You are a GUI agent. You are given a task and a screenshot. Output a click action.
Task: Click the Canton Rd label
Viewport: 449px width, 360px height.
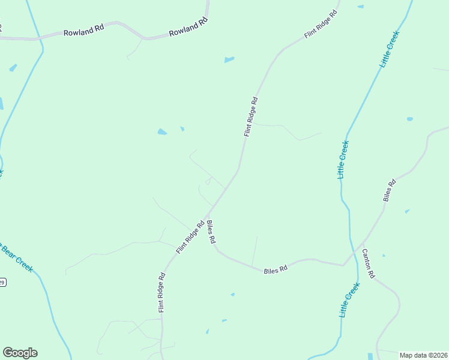tap(368, 265)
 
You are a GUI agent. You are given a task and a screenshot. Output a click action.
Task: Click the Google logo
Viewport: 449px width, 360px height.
tap(20, 353)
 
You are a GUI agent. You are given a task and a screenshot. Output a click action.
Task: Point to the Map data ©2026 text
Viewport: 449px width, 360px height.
tap(423, 355)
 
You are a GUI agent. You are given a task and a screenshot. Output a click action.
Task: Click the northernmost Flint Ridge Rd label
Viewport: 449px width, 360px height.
tap(322, 25)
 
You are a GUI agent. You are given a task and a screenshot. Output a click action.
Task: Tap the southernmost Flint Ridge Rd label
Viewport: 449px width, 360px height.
tap(162, 293)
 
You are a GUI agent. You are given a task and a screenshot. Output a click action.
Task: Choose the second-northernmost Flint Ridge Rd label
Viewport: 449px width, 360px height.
tap(251, 116)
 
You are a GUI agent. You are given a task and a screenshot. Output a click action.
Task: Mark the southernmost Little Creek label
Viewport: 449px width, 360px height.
tap(348, 301)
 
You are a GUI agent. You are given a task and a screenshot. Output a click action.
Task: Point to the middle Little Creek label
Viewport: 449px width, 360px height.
tap(343, 160)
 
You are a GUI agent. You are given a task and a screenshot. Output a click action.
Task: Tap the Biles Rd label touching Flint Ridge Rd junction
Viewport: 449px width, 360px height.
tap(211, 232)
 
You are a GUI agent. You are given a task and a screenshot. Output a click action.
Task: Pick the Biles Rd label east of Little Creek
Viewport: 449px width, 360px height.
tap(390, 190)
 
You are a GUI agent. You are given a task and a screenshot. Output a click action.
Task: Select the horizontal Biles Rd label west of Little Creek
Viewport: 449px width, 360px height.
tap(276, 269)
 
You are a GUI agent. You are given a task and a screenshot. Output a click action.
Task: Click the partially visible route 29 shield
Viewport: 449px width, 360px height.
tap(2, 282)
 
